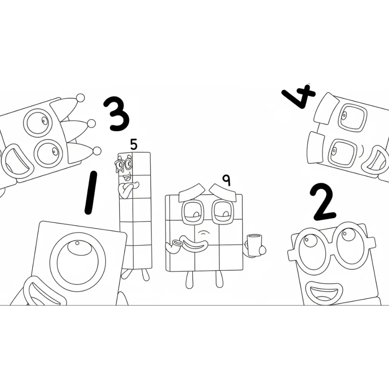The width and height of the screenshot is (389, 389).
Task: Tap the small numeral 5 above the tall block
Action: (x=133, y=144)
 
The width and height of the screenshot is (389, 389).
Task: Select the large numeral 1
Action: (x=90, y=193)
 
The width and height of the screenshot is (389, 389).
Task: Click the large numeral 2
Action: (x=323, y=202)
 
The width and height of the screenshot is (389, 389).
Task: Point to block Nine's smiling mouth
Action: (x=197, y=243)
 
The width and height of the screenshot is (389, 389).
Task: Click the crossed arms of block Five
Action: (x=128, y=188)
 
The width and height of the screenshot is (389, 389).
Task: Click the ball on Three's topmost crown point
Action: (x=80, y=98)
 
